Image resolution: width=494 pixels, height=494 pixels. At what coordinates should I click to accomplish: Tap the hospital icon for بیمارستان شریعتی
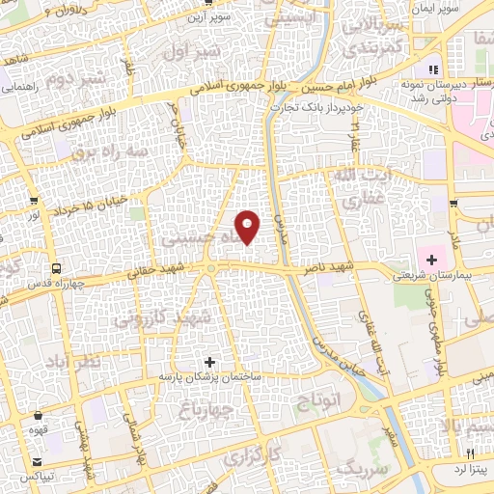pos(431,259)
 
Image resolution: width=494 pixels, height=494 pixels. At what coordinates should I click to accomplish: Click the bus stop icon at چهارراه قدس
pos(56,269)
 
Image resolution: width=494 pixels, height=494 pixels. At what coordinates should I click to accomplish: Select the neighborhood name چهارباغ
pos(196,409)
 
